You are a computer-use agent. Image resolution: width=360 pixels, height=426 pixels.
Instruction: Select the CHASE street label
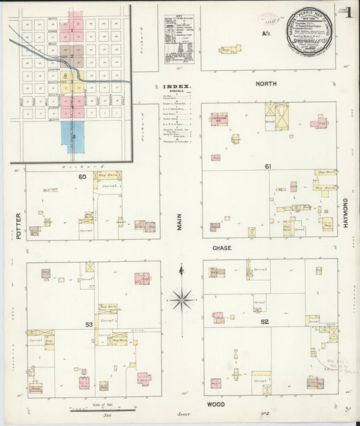[222, 248]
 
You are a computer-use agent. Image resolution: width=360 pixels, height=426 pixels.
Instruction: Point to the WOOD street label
[217, 404]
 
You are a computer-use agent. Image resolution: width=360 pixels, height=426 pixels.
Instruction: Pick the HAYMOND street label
[344, 212]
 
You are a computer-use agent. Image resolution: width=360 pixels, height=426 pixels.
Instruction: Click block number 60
[82, 177]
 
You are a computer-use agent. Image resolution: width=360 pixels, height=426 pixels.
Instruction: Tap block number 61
[268, 166]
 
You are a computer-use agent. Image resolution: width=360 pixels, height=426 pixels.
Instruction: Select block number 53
[88, 325]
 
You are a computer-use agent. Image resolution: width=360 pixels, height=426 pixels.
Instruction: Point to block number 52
[265, 321]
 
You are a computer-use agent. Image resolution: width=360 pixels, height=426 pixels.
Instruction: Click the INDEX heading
[177, 86]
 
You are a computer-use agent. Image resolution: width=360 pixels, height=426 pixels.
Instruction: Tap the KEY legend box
[178, 39]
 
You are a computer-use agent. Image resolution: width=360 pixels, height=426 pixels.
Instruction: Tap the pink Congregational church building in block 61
[218, 119]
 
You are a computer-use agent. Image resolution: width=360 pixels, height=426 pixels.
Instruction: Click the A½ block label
[267, 32]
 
